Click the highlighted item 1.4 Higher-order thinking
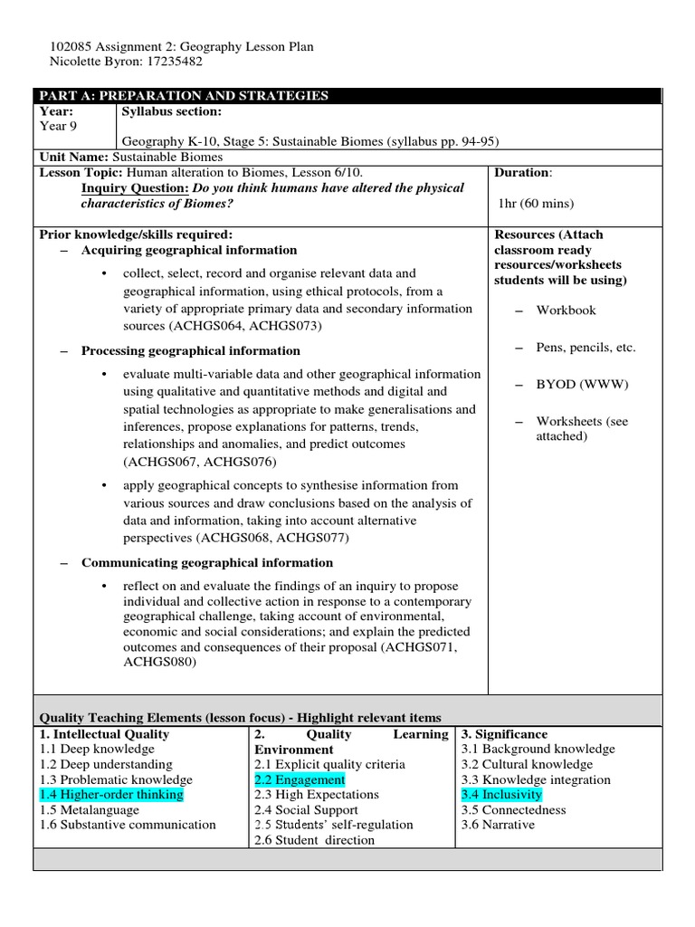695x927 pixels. [111, 795]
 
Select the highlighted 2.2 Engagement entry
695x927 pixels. [300, 779]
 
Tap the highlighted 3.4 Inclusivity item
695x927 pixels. [501, 795]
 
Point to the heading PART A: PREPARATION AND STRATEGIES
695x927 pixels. [181, 96]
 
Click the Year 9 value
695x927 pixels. [60, 127]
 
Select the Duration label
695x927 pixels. [522, 172]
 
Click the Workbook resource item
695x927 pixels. [566, 310]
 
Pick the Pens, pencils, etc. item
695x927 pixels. [586, 347]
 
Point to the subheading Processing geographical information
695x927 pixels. [191, 350]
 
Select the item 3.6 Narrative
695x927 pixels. [498, 825]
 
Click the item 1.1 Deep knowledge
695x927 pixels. [97, 749]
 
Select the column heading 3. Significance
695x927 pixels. [504, 734]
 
